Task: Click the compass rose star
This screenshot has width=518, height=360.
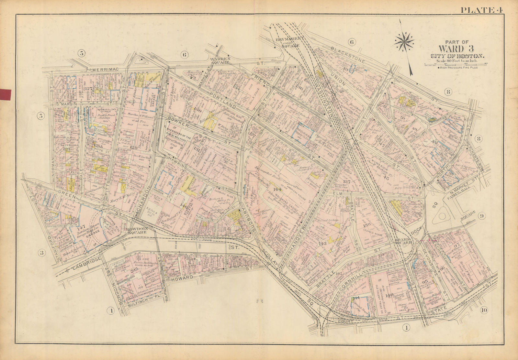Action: coord(404,41)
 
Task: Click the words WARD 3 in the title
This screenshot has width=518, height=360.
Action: coord(457,49)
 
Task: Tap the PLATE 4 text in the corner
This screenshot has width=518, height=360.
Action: coord(482,10)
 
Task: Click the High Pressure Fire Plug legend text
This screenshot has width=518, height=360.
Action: coord(457,67)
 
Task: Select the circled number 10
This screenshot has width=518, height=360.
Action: coord(484,311)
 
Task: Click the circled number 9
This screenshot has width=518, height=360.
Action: coord(481,216)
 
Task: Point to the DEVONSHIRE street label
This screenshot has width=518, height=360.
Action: coord(430,263)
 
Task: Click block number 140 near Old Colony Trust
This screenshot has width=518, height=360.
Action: coord(389,294)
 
